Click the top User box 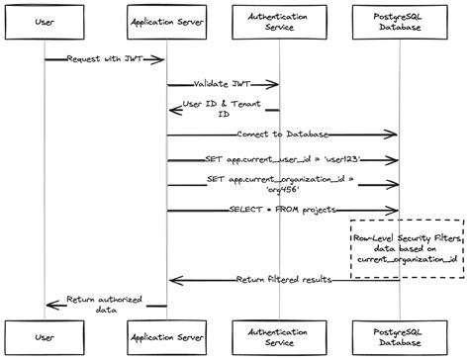pos(45,20)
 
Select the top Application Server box pos(166,20)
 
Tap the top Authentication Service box pos(278,20)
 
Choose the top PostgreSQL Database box pos(400,20)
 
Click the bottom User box pos(45,337)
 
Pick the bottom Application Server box pos(166,337)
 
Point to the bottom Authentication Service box pos(278,337)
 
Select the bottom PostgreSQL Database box pos(400,337)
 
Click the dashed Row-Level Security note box pos(406,248)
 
